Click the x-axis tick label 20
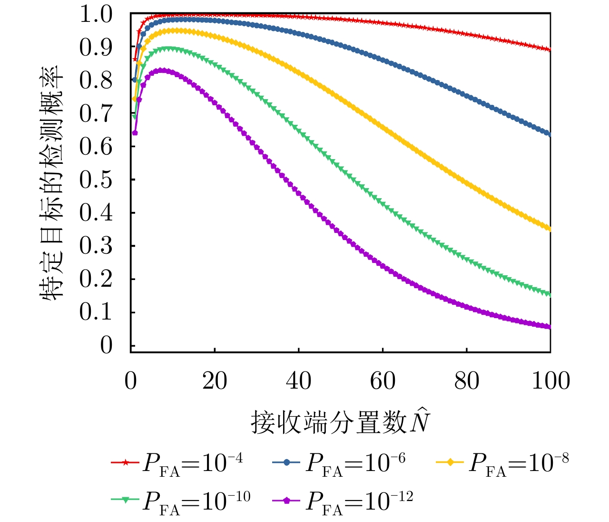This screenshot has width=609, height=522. (x=215, y=381)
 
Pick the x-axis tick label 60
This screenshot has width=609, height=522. (x=383, y=381)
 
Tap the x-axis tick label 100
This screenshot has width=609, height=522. (x=550, y=381)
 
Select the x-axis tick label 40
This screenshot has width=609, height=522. (x=299, y=381)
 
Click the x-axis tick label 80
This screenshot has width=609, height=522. (x=467, y=381)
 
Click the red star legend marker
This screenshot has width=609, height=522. (x=125, y=462)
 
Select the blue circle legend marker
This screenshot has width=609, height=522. (x=287, y=462)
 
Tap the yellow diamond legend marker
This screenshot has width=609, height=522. (x=450, y=462)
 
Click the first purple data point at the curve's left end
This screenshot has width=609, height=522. (x=135, y=133)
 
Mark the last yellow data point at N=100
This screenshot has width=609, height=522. (x=550, y=229)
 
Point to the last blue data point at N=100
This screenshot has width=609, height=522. (x=550, y=134)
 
